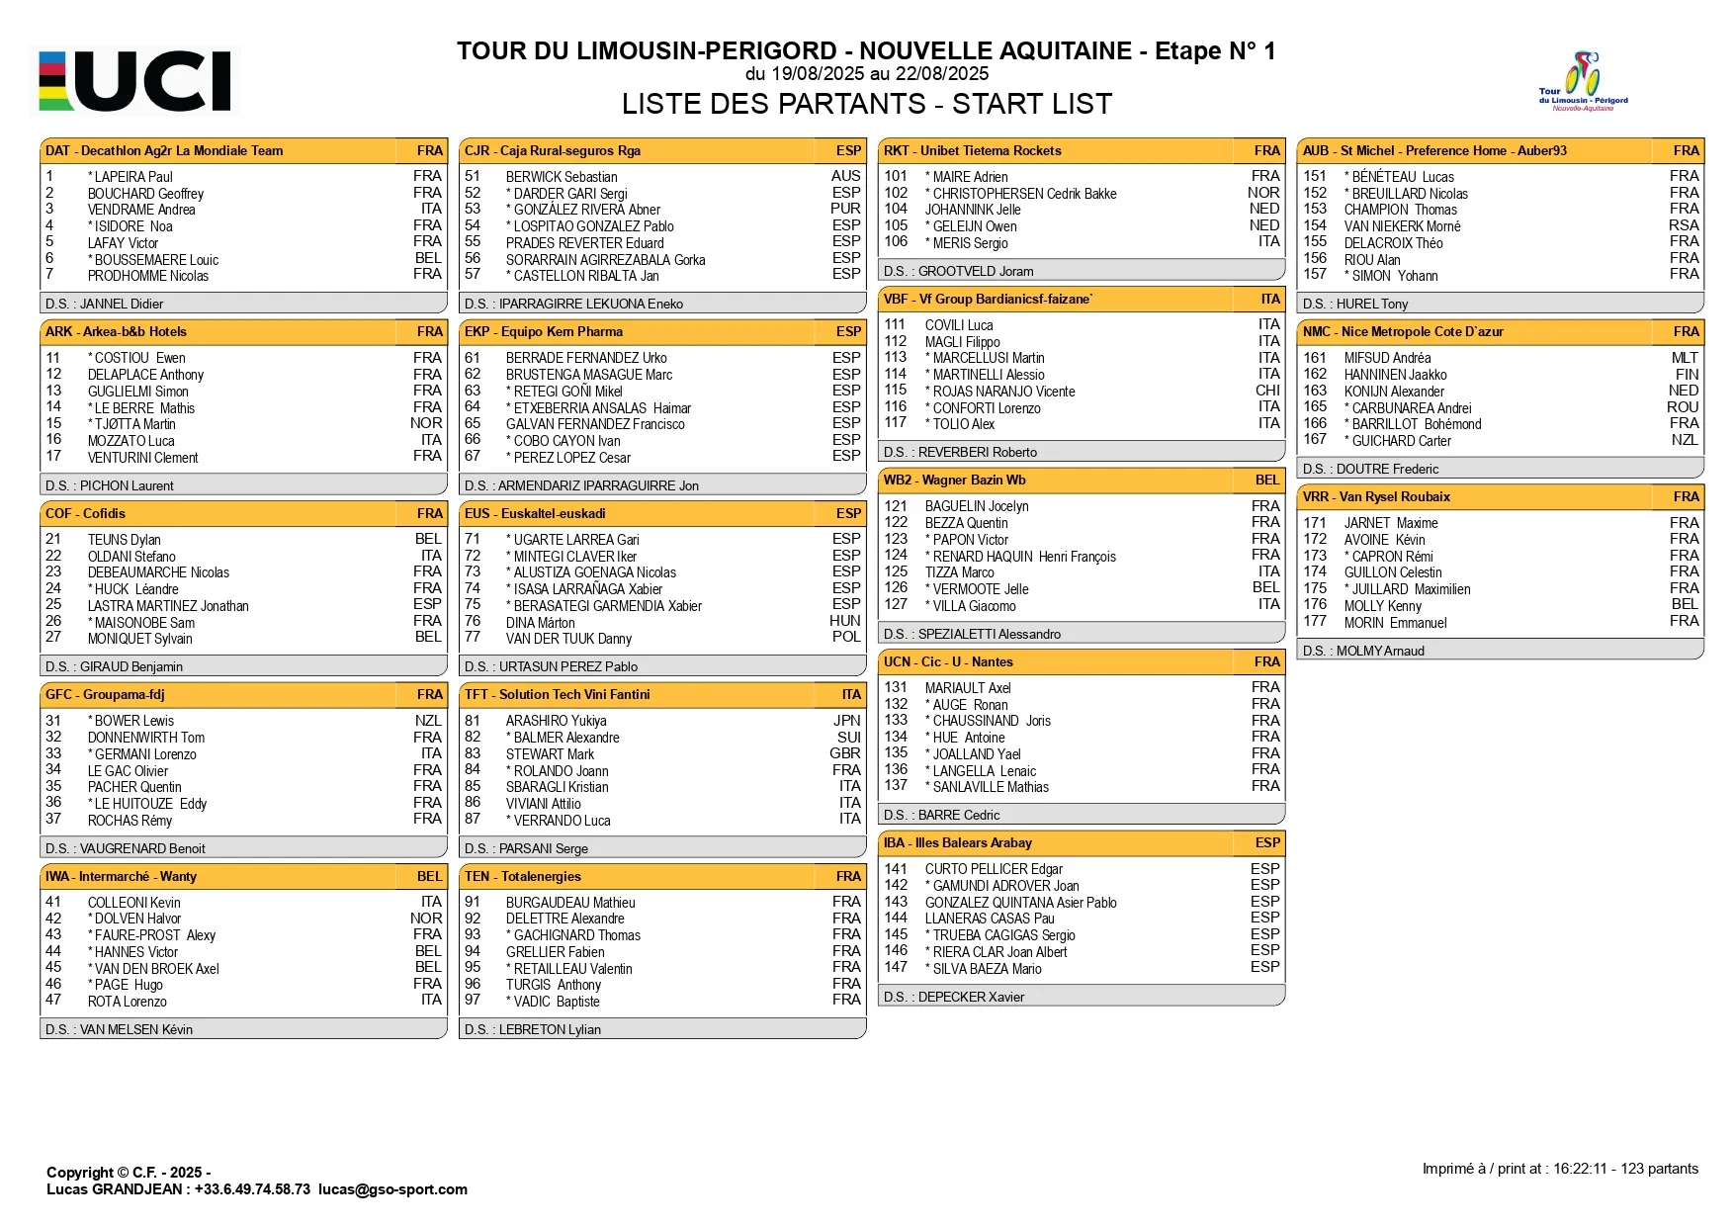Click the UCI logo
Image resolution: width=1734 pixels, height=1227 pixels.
point(137,80)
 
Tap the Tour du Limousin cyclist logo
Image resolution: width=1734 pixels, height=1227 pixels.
point(1583,81)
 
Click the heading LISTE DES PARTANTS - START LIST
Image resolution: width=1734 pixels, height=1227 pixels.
point(866,104)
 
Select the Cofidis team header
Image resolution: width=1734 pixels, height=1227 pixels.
point(243,513)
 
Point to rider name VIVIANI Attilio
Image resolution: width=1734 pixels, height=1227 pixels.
point(543,804)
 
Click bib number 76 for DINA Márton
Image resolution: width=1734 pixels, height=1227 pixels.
point(473,621)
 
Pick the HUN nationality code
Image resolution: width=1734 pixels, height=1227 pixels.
point(845,621)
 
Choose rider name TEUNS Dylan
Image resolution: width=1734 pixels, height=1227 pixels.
point(124,540)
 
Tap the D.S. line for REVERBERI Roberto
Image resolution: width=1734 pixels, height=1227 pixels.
point(960,452)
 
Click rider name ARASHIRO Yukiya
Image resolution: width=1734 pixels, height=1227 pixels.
point(556,721)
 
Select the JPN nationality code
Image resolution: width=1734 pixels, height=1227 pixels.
point(846,721)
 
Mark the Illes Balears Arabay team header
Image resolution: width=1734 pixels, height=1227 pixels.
point(1082,842)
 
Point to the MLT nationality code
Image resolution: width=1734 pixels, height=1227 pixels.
point(1685,358)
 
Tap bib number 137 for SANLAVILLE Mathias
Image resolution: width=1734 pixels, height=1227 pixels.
point(896,786)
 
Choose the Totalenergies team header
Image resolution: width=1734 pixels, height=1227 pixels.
point(662,876)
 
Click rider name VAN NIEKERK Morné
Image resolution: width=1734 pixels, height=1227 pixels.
point(1402,226)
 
